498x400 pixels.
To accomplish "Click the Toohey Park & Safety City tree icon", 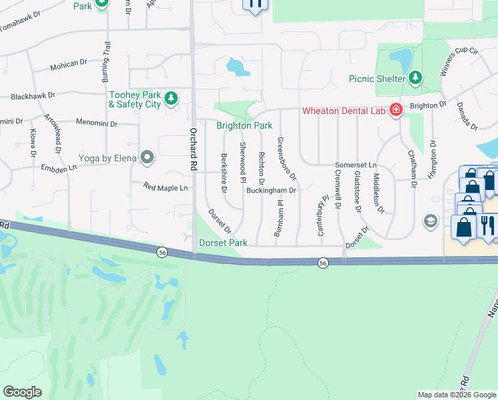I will (171, 99).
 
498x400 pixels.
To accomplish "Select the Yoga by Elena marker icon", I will (147, 159).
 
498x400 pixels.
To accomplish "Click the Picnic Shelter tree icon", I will (415, 79).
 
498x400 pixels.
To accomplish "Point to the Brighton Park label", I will (244, 125).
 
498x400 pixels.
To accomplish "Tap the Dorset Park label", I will (223, 243).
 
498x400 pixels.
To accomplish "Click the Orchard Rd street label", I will (194, 142).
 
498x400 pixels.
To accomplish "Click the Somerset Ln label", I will (356, 165).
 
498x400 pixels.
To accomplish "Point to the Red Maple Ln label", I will (165, 189).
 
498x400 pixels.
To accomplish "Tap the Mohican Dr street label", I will (69, 65).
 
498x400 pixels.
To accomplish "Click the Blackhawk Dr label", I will (32, 96).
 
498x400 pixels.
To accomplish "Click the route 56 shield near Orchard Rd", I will (162, 252).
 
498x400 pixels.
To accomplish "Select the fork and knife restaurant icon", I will (487, 225).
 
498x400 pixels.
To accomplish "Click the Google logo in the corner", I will (22, 392).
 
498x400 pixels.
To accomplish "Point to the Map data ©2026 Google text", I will (456, 395).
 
